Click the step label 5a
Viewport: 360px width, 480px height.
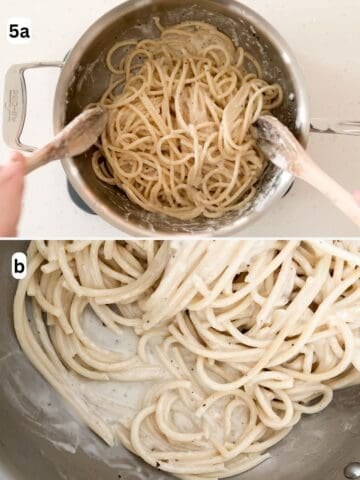coord(19,31)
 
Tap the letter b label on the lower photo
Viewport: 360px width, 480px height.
coord(19,265)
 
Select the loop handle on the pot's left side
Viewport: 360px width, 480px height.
coord(24,104)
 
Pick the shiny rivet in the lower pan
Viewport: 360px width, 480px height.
coord(351,469)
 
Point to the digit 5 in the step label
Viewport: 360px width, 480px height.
coord(14,31)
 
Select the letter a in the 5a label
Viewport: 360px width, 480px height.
coord(25,32)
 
